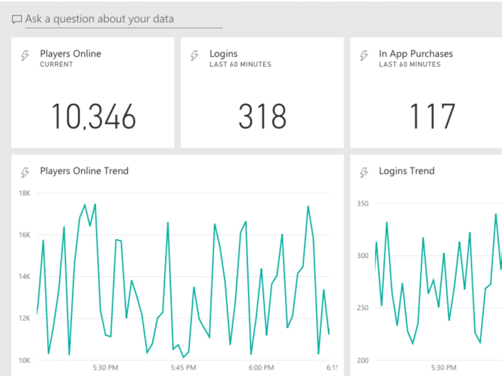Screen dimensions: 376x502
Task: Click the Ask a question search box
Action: click(123, 20)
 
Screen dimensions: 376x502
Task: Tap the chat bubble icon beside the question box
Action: click(17, 20)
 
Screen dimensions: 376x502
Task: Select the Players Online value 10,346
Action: click(94, 116)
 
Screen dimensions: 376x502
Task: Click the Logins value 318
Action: click(262, 116)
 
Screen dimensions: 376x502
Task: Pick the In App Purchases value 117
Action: click(432, 116)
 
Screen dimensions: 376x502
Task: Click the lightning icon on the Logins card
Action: click(195, 56)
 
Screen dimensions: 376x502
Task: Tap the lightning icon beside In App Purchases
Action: click(364, 56)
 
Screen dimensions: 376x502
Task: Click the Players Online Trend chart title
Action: click(84, 171)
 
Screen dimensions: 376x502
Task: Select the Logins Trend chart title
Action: click(407, 171)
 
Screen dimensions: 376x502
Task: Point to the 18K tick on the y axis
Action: click(25, 193)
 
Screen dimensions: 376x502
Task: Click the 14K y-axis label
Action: click(25, 277)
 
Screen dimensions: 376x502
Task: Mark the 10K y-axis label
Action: click(25, 360)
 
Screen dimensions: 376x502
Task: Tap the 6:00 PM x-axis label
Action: click(261, 367)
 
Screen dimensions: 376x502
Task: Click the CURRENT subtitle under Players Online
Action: click(56, 65)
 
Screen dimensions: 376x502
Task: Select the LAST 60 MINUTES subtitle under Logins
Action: click(240, 65)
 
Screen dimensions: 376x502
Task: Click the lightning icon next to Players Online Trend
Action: click(25, 173)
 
